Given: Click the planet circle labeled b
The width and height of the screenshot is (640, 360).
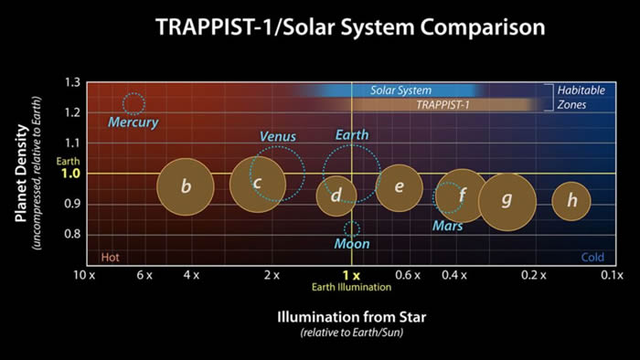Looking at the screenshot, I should (x=186, y=188).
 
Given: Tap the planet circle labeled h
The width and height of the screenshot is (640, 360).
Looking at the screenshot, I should (x=571, y=202).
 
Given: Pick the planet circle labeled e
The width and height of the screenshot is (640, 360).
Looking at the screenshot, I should (x=400, y=188).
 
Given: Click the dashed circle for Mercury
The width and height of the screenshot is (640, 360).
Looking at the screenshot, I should (x=133, y=103).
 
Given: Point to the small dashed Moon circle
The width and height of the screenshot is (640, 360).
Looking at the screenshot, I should (x=351, y=228).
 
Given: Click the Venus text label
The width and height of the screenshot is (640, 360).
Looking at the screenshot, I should (x=278, y=136).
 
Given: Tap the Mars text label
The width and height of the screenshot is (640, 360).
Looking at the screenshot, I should (x=447, y=226).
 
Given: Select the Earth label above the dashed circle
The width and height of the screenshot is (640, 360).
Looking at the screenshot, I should (x=352, y=135).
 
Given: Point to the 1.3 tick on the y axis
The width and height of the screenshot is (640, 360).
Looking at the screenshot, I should (x=72, y=82).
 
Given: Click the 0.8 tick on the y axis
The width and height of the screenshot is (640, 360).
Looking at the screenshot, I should (x=72, y=235).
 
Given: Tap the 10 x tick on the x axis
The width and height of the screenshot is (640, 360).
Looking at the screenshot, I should (x=85, y=275).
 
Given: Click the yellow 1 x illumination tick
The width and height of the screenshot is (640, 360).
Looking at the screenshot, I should (x=351, y=274).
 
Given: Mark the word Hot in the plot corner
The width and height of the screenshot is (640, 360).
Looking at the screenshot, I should (x=110, y=257).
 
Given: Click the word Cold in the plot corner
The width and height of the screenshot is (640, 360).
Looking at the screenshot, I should (x=594, y=257).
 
